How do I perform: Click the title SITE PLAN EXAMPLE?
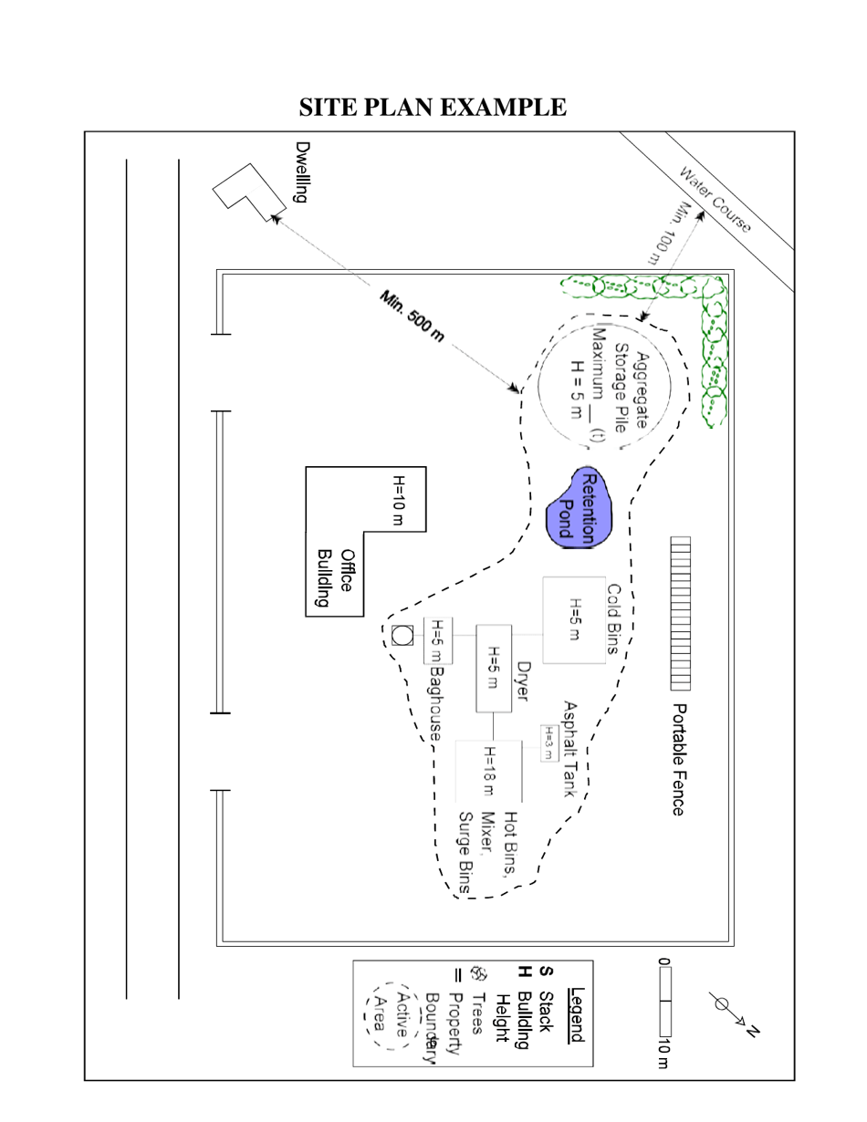click(x=433, y=108)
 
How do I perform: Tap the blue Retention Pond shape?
click(x=580, y=507)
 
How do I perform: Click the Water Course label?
click(x=716, y=198)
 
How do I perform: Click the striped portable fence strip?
click(x=680, y=613)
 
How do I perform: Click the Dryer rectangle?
click(x=494, y=669)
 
